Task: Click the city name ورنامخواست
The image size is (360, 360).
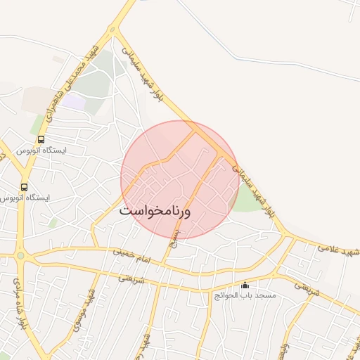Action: point(165,210)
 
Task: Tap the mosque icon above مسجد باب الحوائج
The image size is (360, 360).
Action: point(245,285)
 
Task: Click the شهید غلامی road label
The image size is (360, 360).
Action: point(338,250)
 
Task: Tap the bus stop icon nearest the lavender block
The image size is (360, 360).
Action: point(41,139)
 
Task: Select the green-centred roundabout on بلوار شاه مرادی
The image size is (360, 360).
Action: point(20,256)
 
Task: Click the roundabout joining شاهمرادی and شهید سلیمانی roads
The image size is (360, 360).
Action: point(113,30)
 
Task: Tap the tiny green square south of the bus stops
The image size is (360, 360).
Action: point(53,223)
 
